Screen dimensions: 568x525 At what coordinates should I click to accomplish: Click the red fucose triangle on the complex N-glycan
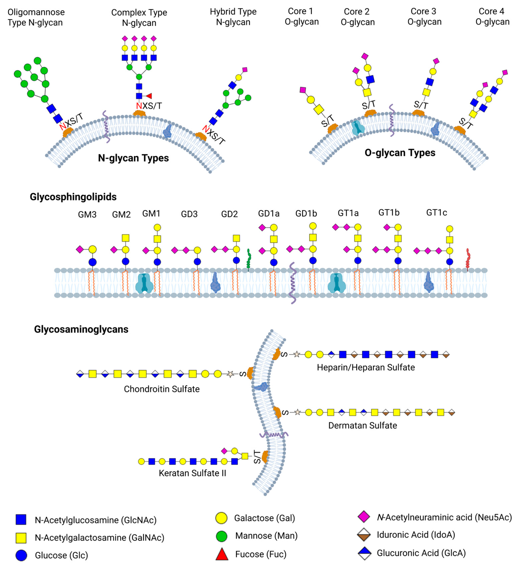click(149, 96)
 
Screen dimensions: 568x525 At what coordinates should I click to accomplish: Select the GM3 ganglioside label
click(87, 214)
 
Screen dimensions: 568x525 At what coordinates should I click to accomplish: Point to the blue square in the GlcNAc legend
click(21, 519)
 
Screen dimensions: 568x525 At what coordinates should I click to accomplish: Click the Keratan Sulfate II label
click(192, 473)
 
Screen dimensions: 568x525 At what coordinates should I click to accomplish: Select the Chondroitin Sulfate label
click(162, 389)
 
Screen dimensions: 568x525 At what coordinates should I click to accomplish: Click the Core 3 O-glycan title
click(424, 16)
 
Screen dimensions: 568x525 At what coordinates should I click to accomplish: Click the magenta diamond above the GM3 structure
click(80, 250)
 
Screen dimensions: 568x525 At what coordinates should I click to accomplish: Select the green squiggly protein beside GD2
click(249, 259)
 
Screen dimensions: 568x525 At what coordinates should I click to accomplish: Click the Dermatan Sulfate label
click(363, 426)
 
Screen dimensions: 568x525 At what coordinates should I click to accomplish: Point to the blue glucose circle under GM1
click(157, 262)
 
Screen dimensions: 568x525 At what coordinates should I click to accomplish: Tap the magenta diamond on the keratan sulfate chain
click(224, 451)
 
